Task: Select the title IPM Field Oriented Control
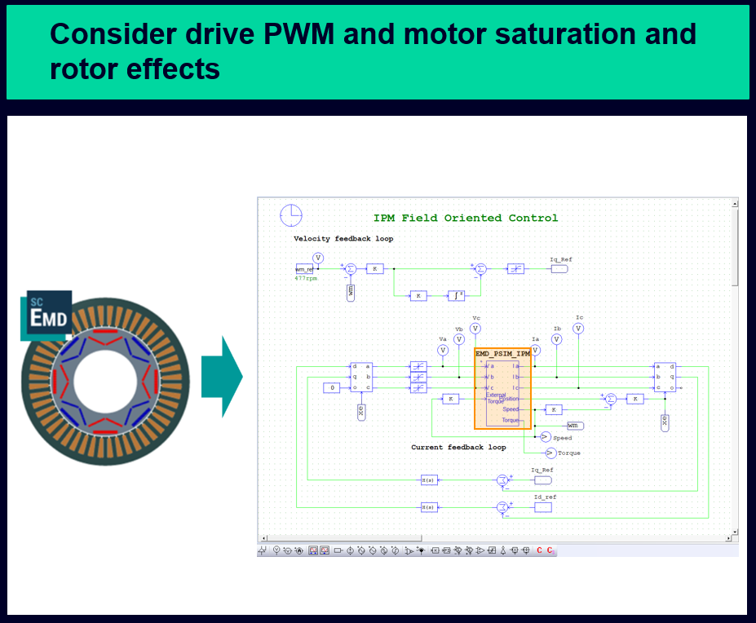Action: [x=466, y=218]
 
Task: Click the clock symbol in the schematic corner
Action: [x=291, y=215]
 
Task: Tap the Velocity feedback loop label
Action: [x=343, y=239]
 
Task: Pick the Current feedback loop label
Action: [x=458, y=447]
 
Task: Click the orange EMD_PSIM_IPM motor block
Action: [x=502, y=389]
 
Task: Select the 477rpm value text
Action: [x=306, y=278]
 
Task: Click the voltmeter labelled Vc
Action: [x=475, y=328]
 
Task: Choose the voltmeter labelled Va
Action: [x=443, y=350]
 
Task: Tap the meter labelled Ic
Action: [x=578, y=328]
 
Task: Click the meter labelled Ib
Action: [x=557, y=338]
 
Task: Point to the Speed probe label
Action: [x=562, y=438]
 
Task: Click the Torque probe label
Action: [x=569, y=453]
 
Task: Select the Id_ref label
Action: [x=546, y=497]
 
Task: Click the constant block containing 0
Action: [x=331, y=388]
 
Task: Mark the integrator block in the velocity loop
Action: [x=456, y=295]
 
